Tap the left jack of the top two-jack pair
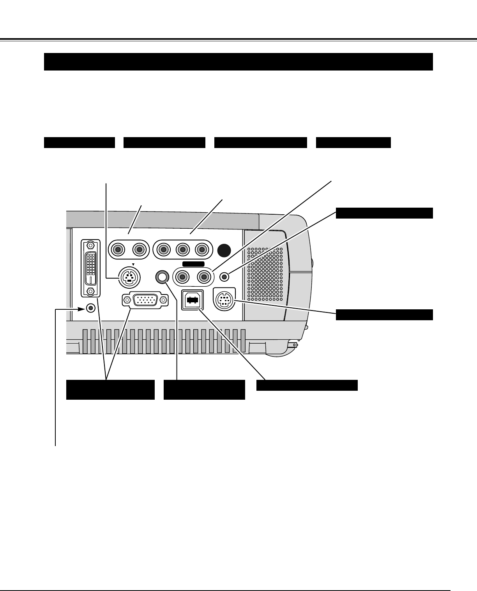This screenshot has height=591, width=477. click(x=117, y=249)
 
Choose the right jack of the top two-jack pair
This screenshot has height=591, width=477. click(x=139, y=249)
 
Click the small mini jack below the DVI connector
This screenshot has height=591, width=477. click(x=91, y=308)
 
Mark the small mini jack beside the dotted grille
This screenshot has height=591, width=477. click(x=224, y=277)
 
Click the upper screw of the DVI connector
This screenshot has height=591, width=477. click(x=90, y=245)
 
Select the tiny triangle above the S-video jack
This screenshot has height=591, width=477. click(x=133, y=265)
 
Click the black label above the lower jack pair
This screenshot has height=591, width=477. click(x=193, y=265)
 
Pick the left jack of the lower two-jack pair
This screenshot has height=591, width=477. click(x=182, y=277)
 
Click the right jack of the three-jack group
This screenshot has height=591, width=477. click(x=201, y=249)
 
